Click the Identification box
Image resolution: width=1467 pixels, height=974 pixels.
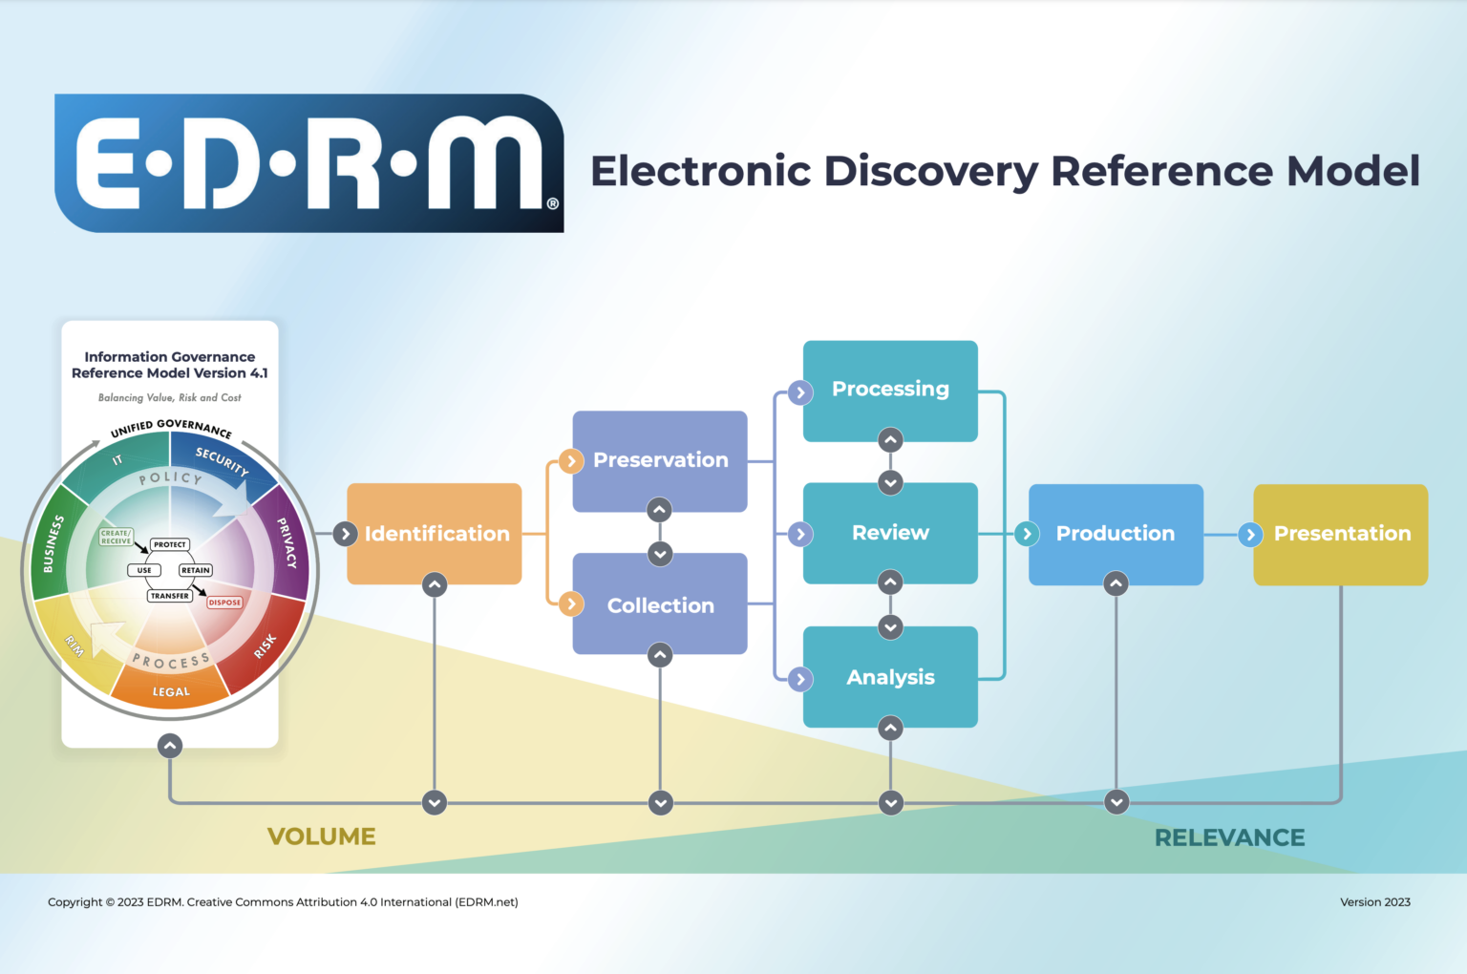(436, 534)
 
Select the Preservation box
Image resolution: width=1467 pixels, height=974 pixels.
(660, 460)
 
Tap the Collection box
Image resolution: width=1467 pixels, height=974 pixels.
(660, 605)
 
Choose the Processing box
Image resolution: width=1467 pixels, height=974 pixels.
(890, 390)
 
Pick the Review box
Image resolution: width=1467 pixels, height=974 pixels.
(890, 533)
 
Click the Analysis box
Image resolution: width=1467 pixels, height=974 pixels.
(890, 677)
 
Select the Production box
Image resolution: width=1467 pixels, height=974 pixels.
(1116, 534)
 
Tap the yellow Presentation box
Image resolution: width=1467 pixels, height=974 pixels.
(1341, 534)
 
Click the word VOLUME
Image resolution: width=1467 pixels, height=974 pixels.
(322, 836)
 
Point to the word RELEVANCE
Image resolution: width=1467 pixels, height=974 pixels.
(1229, 837)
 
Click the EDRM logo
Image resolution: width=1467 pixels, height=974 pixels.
(309, 163)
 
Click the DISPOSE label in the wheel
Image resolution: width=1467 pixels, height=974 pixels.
(224, 603)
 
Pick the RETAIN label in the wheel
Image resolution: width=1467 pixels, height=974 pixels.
(196, 570)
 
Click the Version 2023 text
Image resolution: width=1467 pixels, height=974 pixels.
(1374, 901)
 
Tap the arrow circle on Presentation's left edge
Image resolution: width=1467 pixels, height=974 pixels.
(1250, 535)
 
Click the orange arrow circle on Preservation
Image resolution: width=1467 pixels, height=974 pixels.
(571, 461)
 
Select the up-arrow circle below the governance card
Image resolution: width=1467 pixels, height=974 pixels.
(170, 746)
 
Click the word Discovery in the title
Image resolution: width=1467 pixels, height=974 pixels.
(930, 172)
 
